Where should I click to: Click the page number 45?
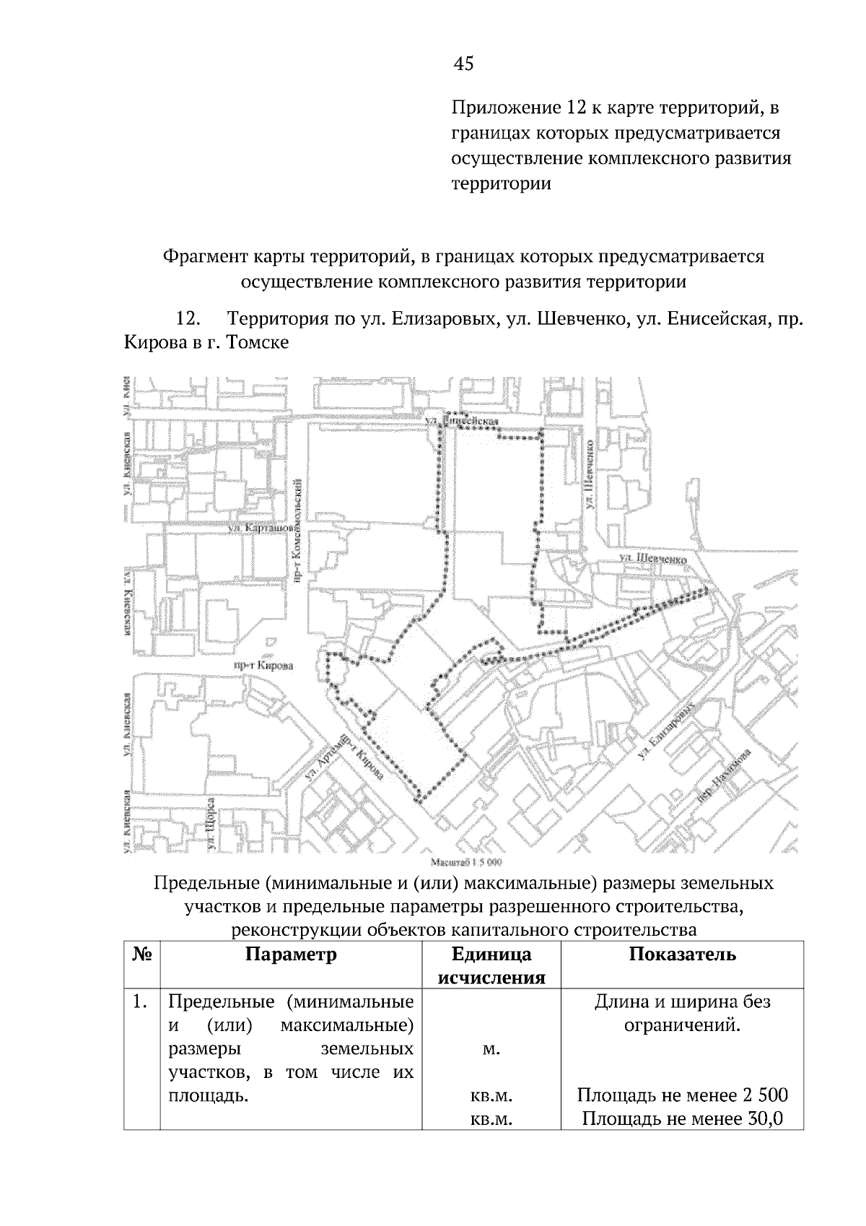(x=463, y=64)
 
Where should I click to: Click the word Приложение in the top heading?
(x=499, y=108)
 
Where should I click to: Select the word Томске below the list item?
(x=258, y=342)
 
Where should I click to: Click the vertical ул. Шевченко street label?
(x=590, y=477)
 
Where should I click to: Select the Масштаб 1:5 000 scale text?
(x=465, y=862)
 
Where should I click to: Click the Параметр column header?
(x=291, y=955)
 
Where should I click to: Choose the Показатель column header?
(x=682, y=955)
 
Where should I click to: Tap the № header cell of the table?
(x=141, y=955)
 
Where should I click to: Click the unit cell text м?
(x=491, y=1049)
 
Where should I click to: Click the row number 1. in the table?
(x=141, y=1002)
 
